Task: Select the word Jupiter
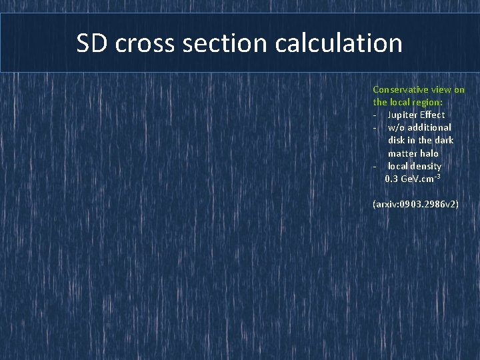click(x=402, y=115)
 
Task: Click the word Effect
click(x=432, y=115)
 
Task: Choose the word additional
click(x=429, y=127)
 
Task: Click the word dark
click(x=444, y=140)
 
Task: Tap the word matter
click(x=403, y=153)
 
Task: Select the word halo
click(x=430, y=153)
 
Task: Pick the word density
click(x=427, y=166)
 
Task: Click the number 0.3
click(x=392, y=179)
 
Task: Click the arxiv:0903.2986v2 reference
click(x=415, y=204)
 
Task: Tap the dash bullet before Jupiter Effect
click(x=375, y=115)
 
